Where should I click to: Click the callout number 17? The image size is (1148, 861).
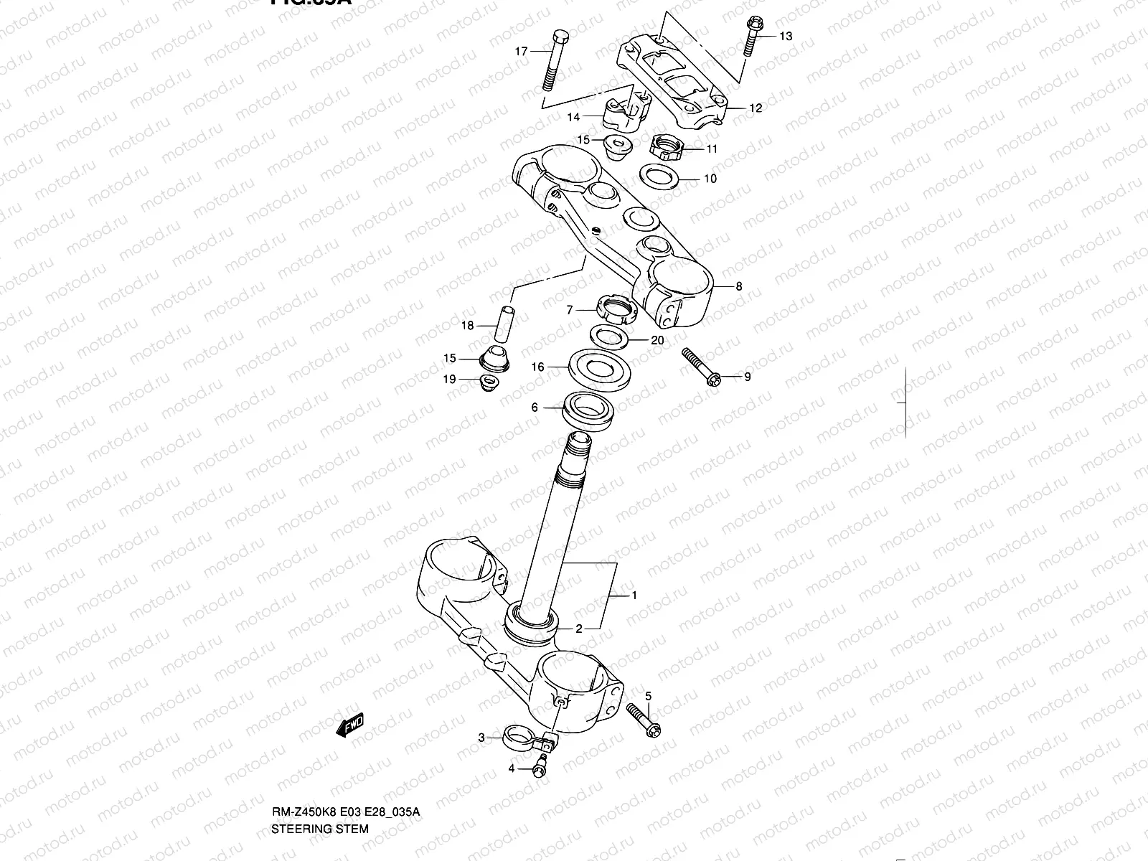tap(521, 51)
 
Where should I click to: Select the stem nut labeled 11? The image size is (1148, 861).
tap(664, 148)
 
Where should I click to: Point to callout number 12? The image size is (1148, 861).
tap(755, 108)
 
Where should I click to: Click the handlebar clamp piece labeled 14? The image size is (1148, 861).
tap(626, 115)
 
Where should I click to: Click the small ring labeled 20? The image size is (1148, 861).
tap(609, 335)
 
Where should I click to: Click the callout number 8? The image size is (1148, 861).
tap(738, 286)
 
